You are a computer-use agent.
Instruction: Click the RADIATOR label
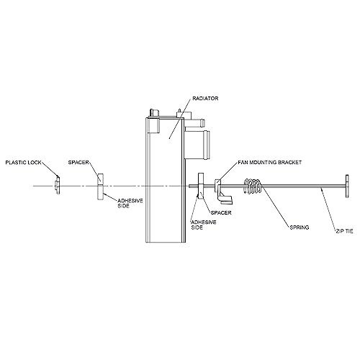coord(205,99)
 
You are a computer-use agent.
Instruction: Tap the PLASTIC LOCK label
coord(23,163)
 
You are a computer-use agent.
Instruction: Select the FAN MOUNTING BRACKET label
coord(270,163)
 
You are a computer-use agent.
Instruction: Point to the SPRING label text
coord(300,228)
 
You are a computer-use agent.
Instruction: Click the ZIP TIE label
coord(344,231)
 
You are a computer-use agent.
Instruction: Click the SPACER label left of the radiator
coord(78,163)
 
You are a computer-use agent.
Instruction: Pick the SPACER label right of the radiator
coord(221,212)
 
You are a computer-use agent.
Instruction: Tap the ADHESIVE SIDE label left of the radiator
coord(130,203)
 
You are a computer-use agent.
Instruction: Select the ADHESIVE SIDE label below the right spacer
coord(204,225)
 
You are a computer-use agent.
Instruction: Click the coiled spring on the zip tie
coord(253,186)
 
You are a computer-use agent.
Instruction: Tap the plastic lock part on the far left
coord(57,185)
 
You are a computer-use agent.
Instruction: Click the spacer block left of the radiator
coord(100,186)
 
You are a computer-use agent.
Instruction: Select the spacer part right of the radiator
coord(201,185)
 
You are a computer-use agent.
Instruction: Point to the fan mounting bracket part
coord(222,192)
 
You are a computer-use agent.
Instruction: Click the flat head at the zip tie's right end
coord(347,186)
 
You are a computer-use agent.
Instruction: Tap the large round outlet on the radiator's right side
coord(198,145)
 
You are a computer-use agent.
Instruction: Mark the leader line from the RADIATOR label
coord(181,118)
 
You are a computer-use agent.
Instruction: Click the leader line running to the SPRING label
coord(275,206)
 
